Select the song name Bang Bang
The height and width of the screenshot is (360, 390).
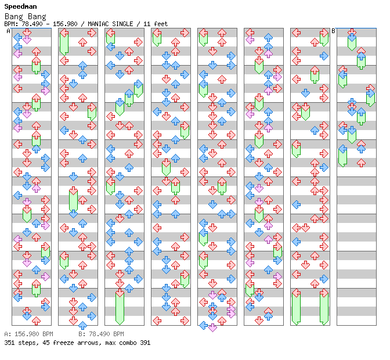(20, 16)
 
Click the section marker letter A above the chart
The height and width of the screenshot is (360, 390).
(9, 31)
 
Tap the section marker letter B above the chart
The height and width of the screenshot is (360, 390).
(334, 31)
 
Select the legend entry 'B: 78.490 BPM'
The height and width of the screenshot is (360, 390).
(102, 334)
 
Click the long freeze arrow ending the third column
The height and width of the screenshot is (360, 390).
(120, 307)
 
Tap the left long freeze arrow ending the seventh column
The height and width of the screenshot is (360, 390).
(296, 307)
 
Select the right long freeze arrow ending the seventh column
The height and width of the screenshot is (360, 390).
(324, 307)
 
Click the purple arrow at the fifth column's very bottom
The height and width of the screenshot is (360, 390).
(212, 327)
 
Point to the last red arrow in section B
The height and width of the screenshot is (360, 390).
(361, 163)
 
